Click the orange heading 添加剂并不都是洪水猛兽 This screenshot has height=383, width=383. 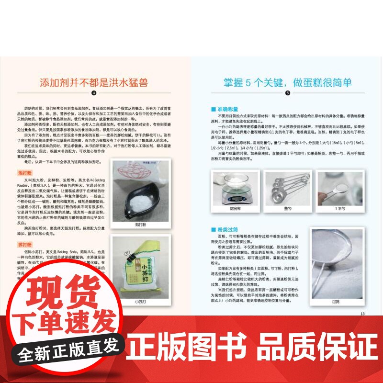pos(94,82)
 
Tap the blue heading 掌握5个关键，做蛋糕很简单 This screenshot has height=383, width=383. pos(288,82)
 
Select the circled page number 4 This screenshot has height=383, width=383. pos(94,94)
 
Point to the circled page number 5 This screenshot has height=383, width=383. pos(288,94)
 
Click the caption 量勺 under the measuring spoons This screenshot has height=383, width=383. pos(288,208)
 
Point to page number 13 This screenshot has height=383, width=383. pos(362,314)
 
